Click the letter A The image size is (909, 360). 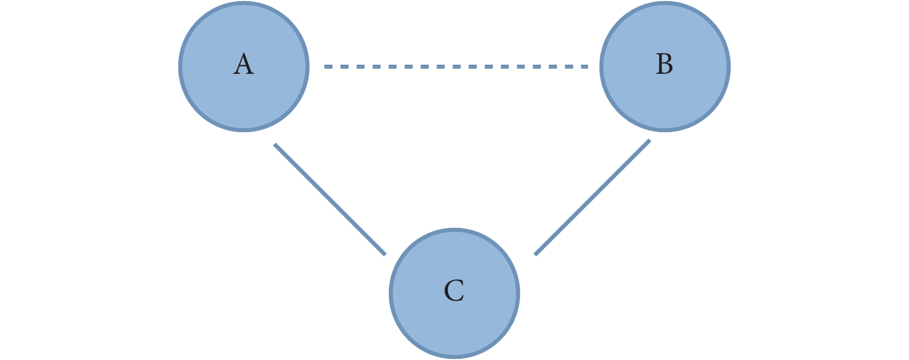pos(244,64)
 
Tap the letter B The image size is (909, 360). pos(665,64)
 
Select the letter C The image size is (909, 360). pos(454,291)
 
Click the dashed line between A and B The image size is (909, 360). pos(456,66)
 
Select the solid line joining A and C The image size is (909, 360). pos(330,199)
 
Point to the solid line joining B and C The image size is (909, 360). pos(593,197)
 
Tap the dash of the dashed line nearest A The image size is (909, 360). pos(328,66)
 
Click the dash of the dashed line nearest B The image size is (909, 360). pos(584,66)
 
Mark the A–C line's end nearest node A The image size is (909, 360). pos(275,144)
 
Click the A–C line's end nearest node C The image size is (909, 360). pos(385,254)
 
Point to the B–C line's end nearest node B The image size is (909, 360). pos(650,140)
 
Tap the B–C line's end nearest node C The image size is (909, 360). pos(535,254)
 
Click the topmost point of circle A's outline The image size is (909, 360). pos(244,3)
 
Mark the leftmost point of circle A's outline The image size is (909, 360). pos(179,66)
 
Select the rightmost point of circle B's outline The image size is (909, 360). pos(730,66)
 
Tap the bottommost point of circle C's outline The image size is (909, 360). pos(455,358)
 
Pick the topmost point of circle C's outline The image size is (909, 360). pos(455,229)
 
